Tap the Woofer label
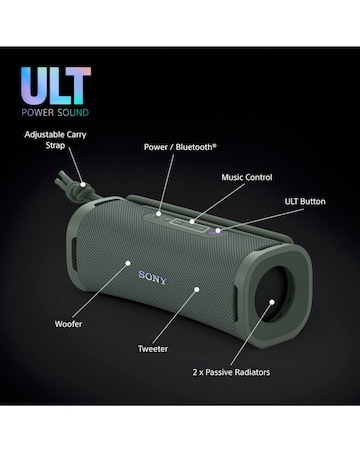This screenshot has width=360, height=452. [x=69, y=323]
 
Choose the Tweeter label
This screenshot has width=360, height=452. [x=153, y=349]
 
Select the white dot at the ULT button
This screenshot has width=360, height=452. [x=219, y=228]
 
